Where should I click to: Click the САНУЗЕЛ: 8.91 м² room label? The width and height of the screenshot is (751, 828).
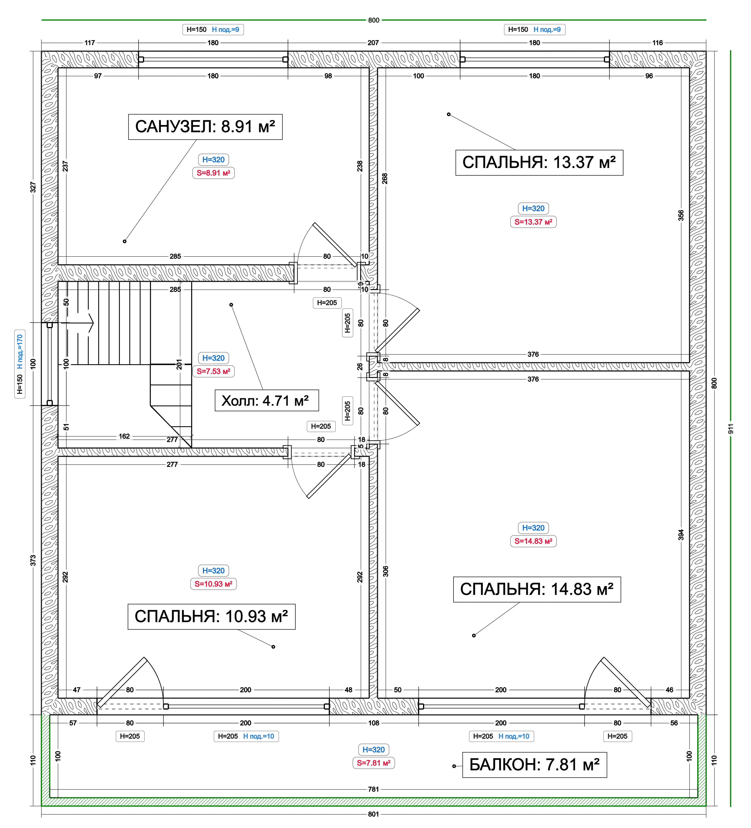tap(205, 127)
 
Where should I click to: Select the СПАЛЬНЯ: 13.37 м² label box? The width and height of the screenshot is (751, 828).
tap(539, 163)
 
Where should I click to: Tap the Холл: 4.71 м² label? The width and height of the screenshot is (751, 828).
tap(267, 400)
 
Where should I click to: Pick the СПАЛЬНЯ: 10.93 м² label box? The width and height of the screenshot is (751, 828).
tap(211, 617)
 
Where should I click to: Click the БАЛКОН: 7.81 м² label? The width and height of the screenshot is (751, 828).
tap(535, 765)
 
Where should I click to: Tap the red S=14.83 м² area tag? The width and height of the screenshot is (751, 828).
tap(533, 541)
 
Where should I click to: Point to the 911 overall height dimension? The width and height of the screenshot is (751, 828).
tap(730, 429)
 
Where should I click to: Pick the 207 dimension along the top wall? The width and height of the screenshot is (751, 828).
tap(373, 43)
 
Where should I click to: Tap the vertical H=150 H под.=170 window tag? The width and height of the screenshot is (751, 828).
tap(20, 364)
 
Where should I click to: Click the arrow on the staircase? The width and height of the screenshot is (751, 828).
tap(77, 323)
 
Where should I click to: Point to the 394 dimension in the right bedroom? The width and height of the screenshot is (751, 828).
tap(681, 535)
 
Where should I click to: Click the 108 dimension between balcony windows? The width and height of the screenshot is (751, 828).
tap(373, 723)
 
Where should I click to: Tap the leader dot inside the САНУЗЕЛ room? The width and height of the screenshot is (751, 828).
tap(125, 241)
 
